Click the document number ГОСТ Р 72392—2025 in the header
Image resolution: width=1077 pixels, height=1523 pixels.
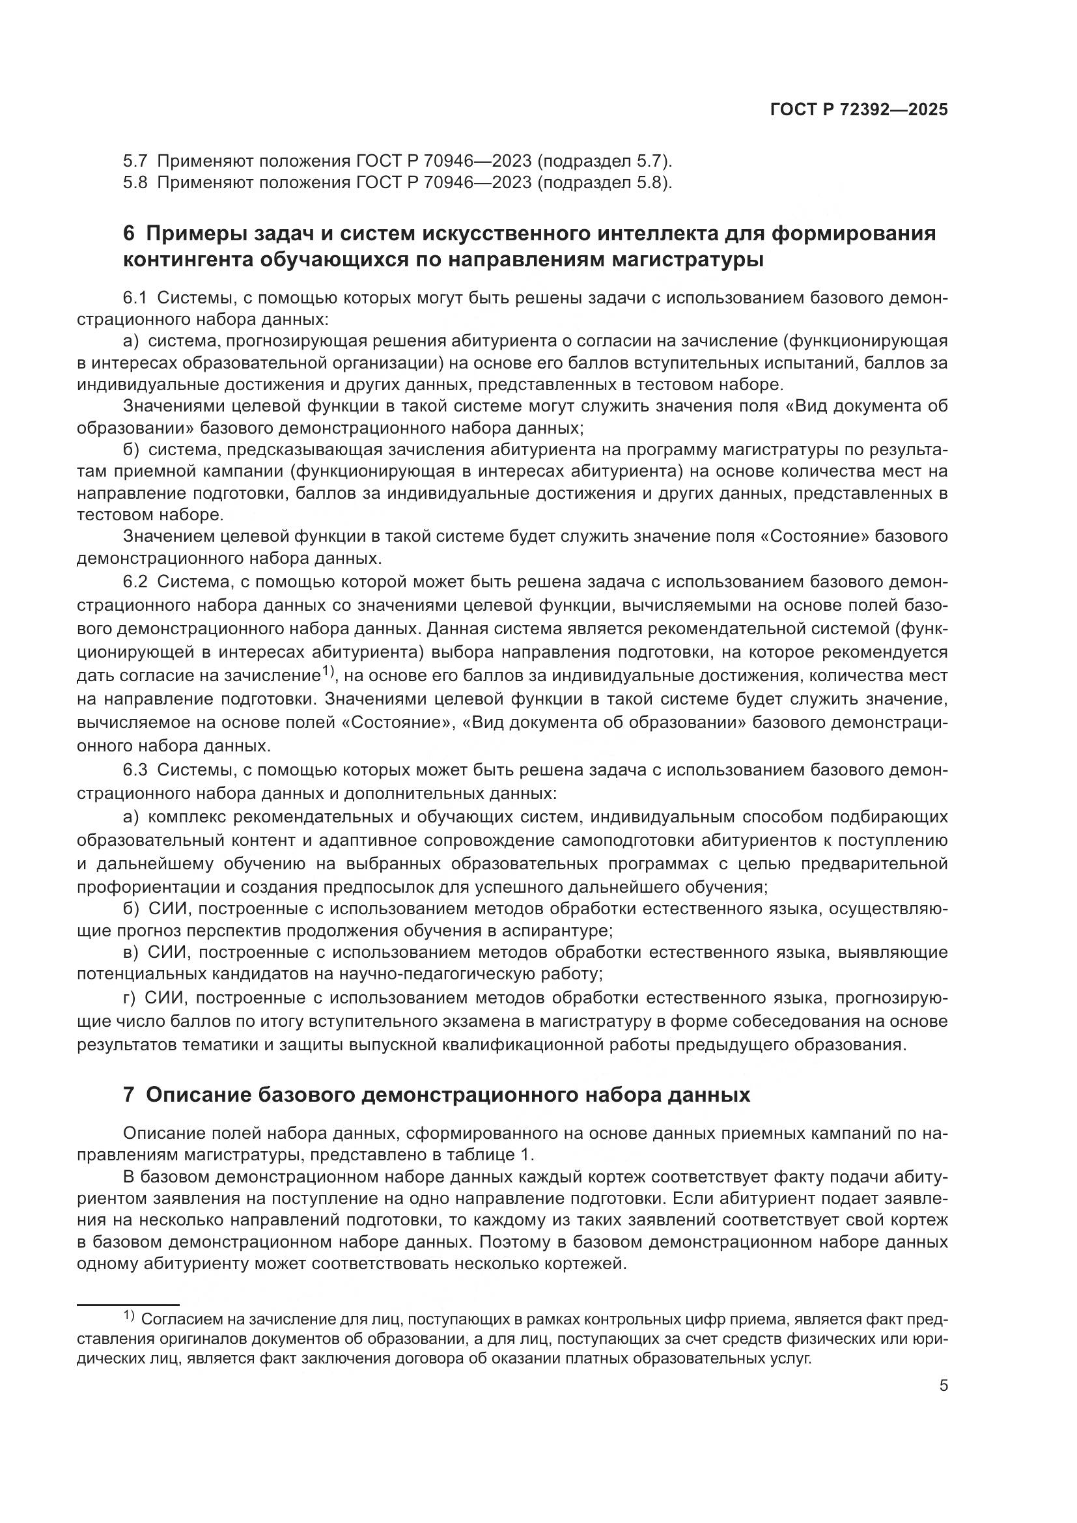[x=859, y=110]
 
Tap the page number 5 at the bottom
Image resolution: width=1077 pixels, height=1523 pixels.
[x=943, y=1386]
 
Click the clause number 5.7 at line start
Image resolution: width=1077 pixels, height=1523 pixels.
[x=135, y=161]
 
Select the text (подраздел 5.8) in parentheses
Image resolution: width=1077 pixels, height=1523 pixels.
[x=604, y=182]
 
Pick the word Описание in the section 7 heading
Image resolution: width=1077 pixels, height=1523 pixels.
[x=199, y=1095]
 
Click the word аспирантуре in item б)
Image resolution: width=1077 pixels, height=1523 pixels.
[x=559, y=930]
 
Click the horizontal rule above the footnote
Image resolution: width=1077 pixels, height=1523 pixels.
[x=128, y=1304]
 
